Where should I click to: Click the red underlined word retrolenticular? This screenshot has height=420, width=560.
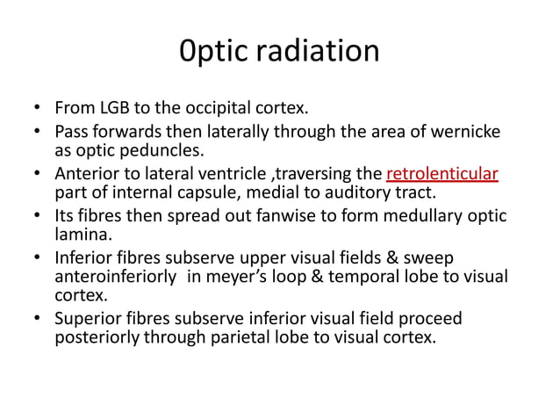tap(442, 173)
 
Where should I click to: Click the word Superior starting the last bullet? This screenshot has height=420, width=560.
tap(91, 317)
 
